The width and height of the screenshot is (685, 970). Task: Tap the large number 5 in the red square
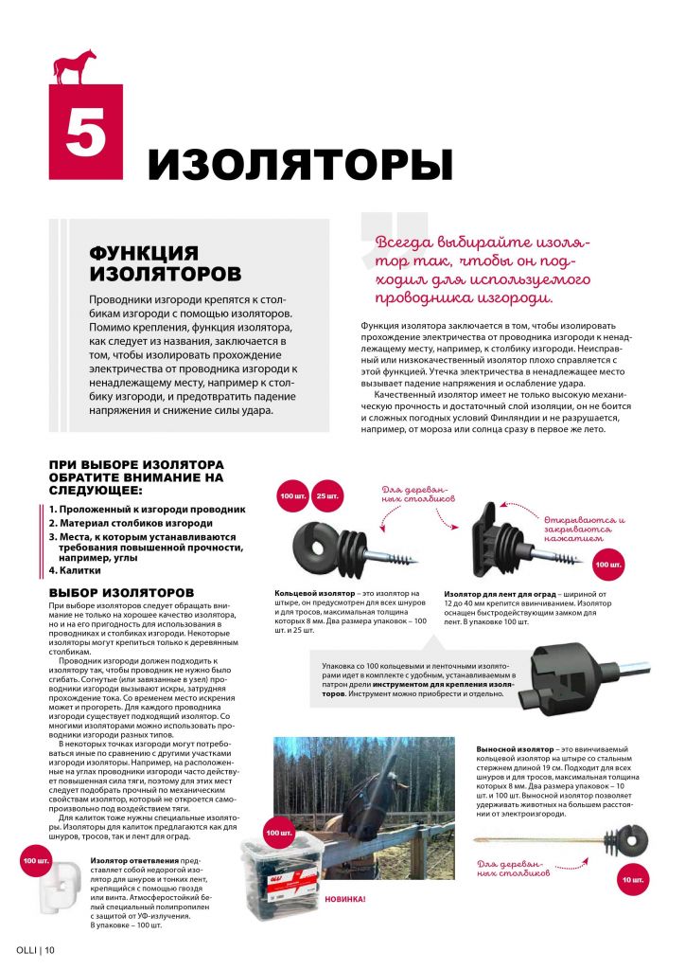pos(85,133)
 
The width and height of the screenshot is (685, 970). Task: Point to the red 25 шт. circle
pos(327,496)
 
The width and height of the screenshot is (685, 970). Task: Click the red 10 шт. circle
pos(633,881)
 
